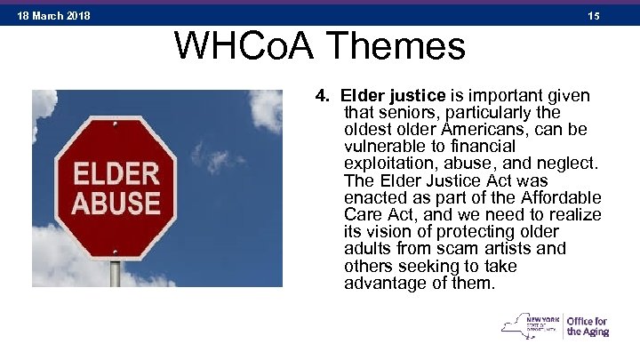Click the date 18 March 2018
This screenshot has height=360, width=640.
[52, 16]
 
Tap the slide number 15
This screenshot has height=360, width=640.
[594, 16]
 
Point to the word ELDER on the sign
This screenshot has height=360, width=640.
[116, 172]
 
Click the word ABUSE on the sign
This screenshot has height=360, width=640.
[116, 204]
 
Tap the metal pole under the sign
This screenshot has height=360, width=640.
[115, 273]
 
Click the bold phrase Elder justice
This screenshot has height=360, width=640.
[384, 96]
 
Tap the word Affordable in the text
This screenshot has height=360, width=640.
[560, 198]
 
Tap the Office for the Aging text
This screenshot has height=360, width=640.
[587, 326]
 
